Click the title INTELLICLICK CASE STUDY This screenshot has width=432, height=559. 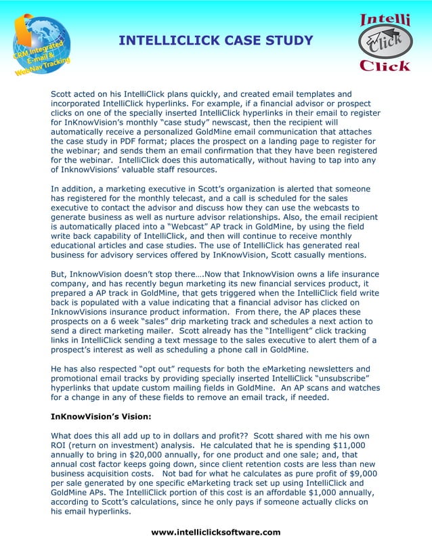215,41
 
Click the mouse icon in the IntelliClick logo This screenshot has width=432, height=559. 384,45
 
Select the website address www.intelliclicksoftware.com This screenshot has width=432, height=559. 215,532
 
